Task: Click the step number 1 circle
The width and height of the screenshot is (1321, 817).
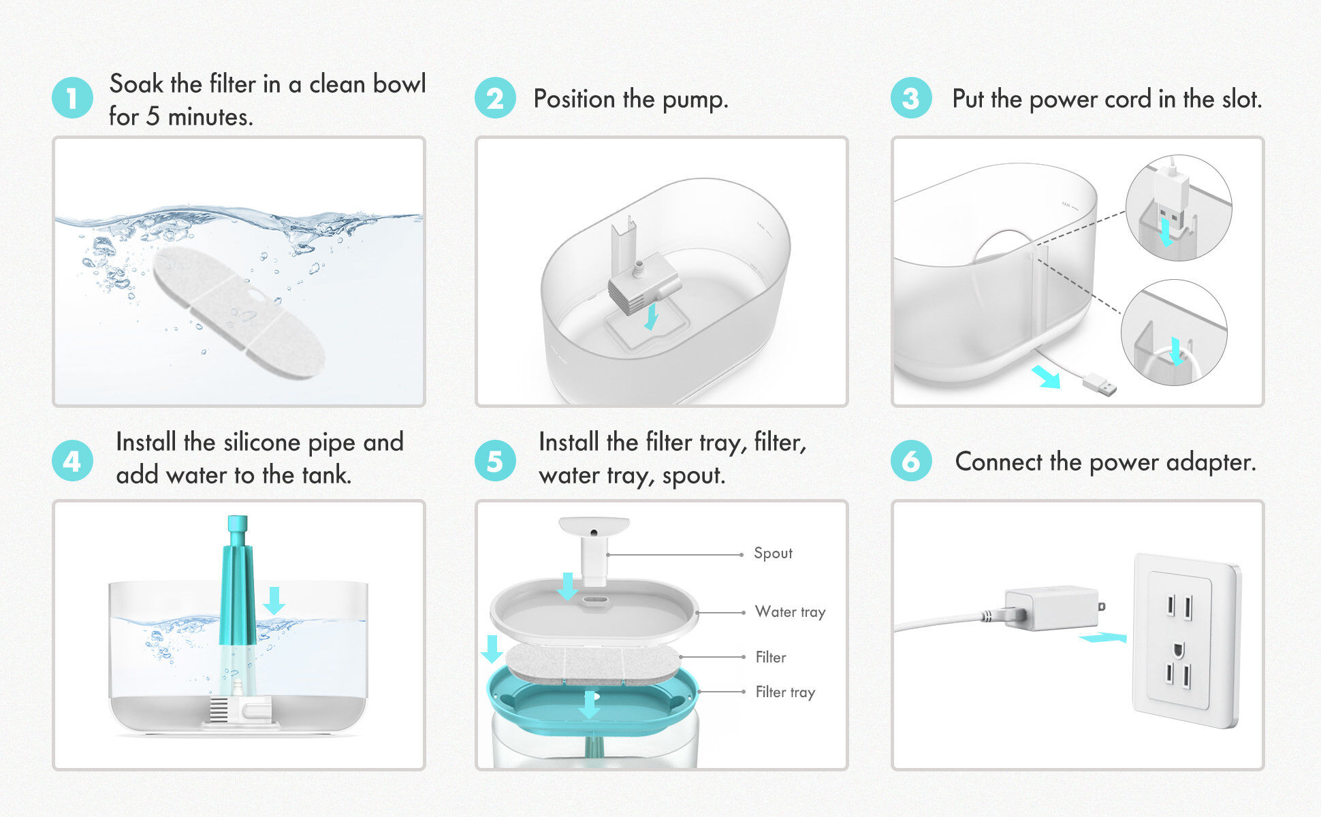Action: [72, 98]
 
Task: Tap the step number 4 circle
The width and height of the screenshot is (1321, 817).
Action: [72, 462]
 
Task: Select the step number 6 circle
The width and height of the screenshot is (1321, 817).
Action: [910, 462]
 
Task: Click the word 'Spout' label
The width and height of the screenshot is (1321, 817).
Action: [773, 553]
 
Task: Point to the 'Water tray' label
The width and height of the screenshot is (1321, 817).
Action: [790, 611]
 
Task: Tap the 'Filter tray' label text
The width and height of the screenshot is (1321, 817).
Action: [785, 692]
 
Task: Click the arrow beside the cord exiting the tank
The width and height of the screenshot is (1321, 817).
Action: [1046, 377]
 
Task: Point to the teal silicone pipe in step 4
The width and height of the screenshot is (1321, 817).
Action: [237, 586]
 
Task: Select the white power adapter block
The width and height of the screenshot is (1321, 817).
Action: [1050, 608]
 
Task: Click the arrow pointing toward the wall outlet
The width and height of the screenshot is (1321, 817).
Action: [1102, 638]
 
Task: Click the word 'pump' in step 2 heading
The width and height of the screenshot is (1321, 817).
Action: [694, 100]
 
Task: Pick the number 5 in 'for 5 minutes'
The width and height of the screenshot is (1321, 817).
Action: [153, 116]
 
